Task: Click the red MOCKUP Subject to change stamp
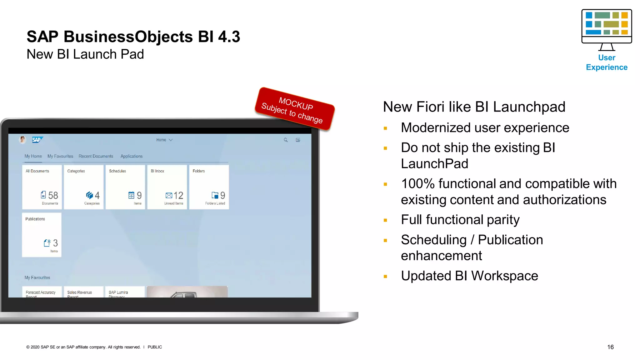295,109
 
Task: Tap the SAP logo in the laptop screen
37,140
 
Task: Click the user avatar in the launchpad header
22,140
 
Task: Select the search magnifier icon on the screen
286,140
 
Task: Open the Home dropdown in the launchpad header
164,140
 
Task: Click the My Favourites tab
60,156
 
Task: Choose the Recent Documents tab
96,156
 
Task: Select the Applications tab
132,156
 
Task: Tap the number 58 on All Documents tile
53,196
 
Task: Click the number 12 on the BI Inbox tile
178,196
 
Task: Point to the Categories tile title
76,171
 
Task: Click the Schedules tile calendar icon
131,195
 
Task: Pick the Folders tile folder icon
215,195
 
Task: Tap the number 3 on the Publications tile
55,243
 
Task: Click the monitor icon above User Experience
607,29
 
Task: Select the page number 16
610,347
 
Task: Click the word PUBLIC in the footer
155,347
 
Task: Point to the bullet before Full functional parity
385,220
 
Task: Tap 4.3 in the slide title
229,37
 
